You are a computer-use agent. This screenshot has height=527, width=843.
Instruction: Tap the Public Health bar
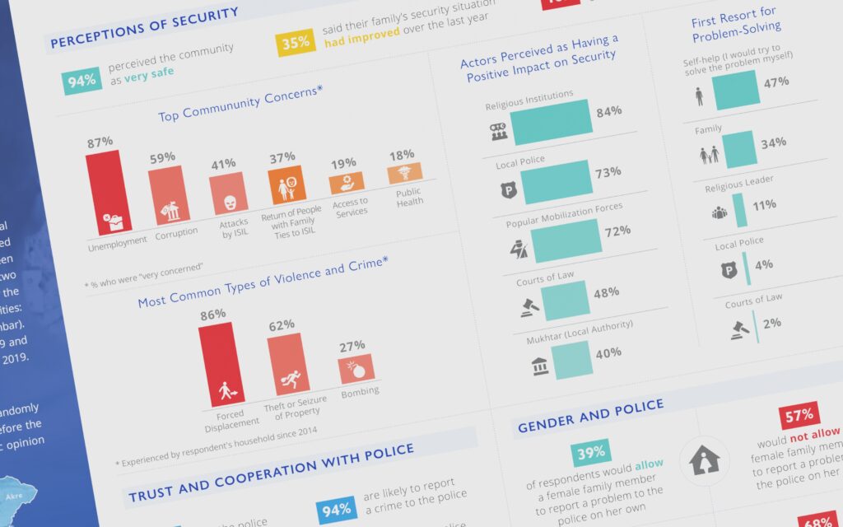[x=404, y=173]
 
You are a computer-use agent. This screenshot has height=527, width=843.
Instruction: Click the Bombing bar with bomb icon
[x=356, y=369]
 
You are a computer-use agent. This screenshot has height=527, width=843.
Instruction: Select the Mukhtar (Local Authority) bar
[x=572, y=359]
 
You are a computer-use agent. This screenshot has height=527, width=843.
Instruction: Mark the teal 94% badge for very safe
[x=82, y=81]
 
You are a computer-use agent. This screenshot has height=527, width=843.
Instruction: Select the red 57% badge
[x=799, y=416]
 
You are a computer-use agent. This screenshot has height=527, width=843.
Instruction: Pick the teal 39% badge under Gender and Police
[x=591, y=452]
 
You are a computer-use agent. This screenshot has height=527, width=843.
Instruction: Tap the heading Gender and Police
[x=590, y=416]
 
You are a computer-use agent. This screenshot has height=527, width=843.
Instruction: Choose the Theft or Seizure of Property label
[x=296, y=405]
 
